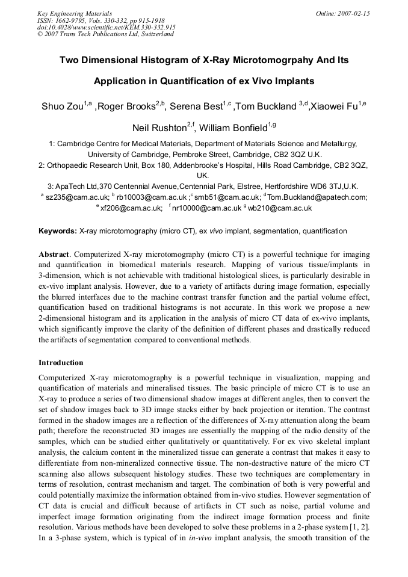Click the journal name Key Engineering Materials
click(75, 13)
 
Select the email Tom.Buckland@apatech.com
click(317, 197)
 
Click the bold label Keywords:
click(58, 231)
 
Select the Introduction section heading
click(61, 363)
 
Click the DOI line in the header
click(107, 27)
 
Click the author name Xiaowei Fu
click(341, 107)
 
